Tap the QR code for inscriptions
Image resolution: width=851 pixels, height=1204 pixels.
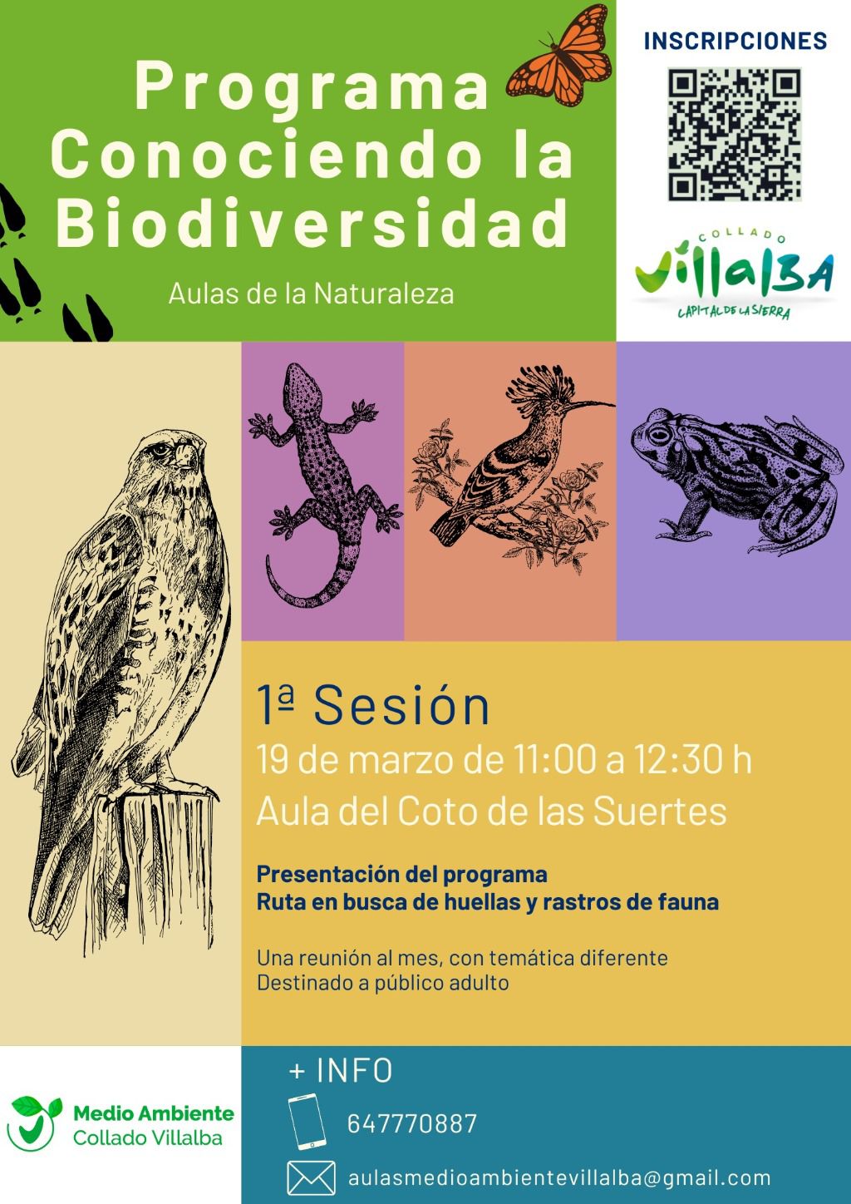point(735,135)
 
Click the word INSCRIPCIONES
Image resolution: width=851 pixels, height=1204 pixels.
point(735,42)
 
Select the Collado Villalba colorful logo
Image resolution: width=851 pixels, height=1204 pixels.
point(734,274)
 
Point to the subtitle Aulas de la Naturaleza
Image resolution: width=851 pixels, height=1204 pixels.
point(311,294)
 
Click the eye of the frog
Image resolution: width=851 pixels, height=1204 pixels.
point(659,433)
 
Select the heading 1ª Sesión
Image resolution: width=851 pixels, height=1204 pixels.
point(373,706)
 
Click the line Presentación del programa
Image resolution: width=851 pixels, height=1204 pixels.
point(402,875)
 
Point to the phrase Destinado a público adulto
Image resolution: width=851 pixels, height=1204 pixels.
point(382,983)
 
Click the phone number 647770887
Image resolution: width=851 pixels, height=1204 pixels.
point(412,1124)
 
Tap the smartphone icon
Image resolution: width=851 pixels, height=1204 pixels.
point(307,1121)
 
